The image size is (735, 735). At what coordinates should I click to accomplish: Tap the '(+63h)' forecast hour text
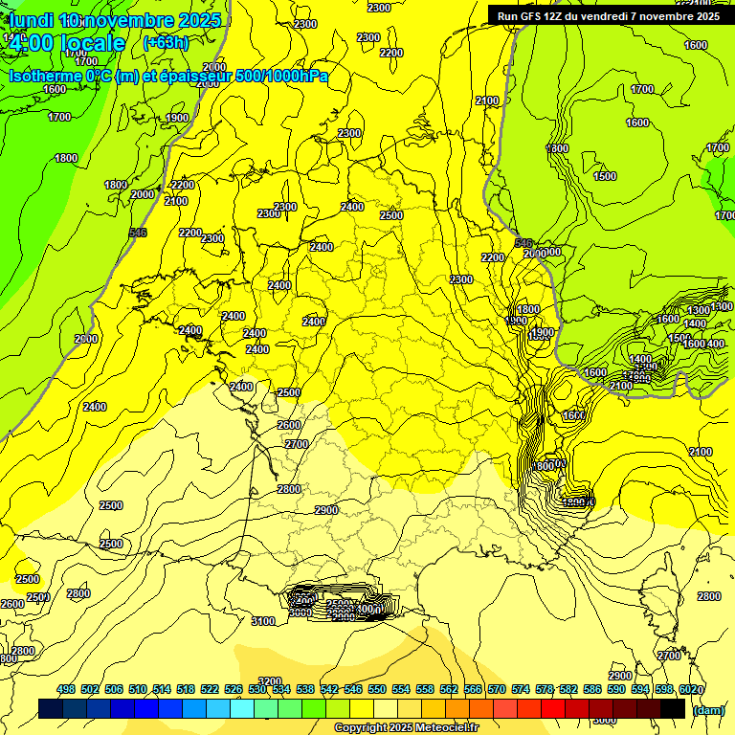click(x=166, y=42)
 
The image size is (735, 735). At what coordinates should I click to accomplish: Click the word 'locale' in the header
click(x=92, y=43)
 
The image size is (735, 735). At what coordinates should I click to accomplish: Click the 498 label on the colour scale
click(x=66, y=689)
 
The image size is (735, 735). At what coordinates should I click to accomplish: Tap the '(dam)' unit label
click(x=707, y=710)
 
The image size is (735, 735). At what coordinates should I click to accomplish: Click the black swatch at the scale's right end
click(x=673, y=709)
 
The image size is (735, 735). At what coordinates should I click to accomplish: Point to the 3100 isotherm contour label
click(x=263, y=621)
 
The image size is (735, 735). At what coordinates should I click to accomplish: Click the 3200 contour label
click(x=270, y=681)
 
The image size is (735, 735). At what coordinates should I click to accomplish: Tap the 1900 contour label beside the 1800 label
click(x=543, y=332)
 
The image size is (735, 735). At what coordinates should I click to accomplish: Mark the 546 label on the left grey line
click(x=138, y=233)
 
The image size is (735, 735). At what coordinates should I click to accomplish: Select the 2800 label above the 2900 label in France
click(x=289, y=489)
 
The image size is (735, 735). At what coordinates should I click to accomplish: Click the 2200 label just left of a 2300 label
click(x=190, y=233)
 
